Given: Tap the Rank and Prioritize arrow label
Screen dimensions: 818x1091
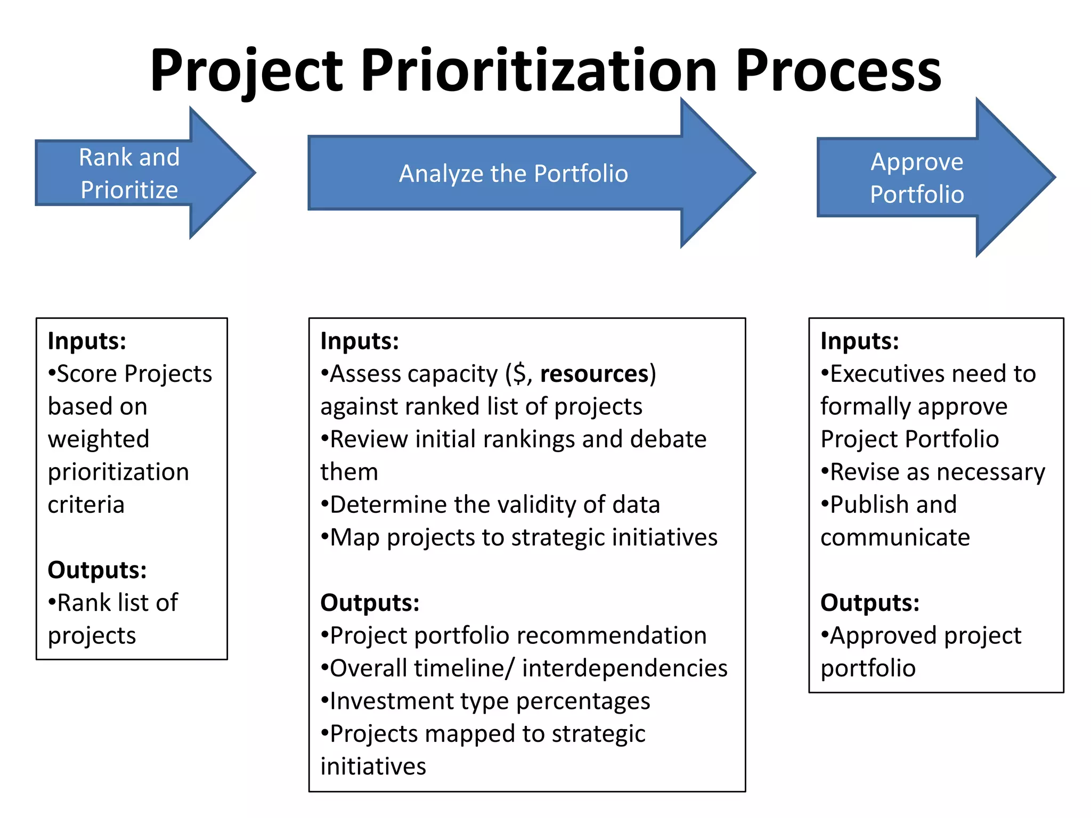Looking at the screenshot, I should pyautogui.click(x=129, y=174).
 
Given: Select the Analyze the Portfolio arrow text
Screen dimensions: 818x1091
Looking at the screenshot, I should pyautogui.click(x=514, y=174).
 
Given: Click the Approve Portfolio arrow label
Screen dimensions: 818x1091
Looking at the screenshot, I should pyautogui.click(x=917, y=178).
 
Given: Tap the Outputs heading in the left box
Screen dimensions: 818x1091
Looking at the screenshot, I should pyautogui.click(x=97, y=570).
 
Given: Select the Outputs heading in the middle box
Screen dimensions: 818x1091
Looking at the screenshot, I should pyautogui.click(x=370, y=603).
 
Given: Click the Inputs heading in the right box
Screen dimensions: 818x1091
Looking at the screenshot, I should pyautogui.click(x=859, y=341).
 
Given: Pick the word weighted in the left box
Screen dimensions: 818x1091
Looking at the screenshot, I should pyautogui.click(x=99, y=439).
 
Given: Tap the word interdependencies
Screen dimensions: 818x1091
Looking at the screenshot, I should pyautogui.click(x=624, y=668).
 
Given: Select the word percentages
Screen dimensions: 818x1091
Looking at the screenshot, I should pyautogui.click(x=583, y=701).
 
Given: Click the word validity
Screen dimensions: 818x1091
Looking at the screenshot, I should pyautogui.click(x=538, y=504).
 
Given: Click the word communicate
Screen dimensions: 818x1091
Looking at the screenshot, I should pyautogui.click(x=895, y=537).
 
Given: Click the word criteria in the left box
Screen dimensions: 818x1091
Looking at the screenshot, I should pyautogui.click(x=86, y=504).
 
